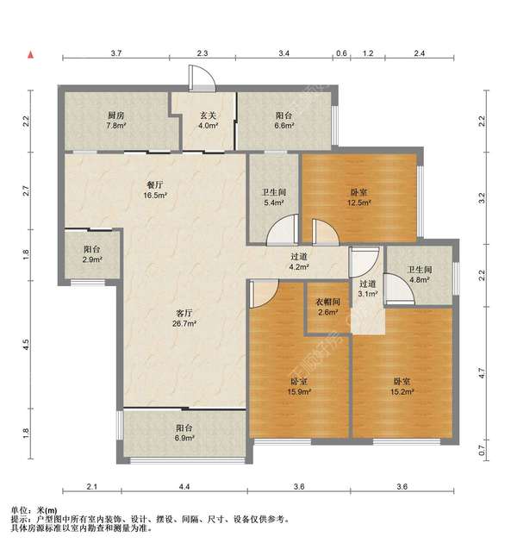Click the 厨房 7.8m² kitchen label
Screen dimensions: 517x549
(x=116, y=120)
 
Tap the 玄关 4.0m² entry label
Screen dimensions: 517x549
(x=209, y=120)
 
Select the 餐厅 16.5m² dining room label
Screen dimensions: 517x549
(x=155, y=190)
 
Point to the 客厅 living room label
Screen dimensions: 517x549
(x=184, y=318)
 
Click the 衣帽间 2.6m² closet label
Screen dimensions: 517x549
(x=327, y=307)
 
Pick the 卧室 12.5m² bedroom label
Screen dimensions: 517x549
(x=358, y=197)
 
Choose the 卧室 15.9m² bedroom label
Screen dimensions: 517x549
(x=299, y=386)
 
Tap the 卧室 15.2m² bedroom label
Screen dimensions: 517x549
(x=402, y=386)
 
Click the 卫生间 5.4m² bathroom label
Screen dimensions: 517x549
(x=274, y=197)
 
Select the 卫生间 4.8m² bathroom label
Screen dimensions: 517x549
(x=420, y=274)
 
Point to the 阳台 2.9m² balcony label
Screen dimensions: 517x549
(x=92, y=254)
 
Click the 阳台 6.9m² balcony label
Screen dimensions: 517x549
(x=184, y=433)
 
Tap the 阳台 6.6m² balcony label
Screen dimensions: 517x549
(x=283, y=120)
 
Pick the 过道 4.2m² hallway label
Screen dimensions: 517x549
(x=299, y=261)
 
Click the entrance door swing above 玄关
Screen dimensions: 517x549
(x=202, y=78)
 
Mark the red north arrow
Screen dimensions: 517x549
(x=31, y=55)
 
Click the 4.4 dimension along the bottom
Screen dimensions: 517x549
(x=184, y=487)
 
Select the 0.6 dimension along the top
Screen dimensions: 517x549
(x=341, y=53)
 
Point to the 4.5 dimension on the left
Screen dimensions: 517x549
(x=26, y=345)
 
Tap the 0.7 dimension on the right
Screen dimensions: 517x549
(x=482, y=450)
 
